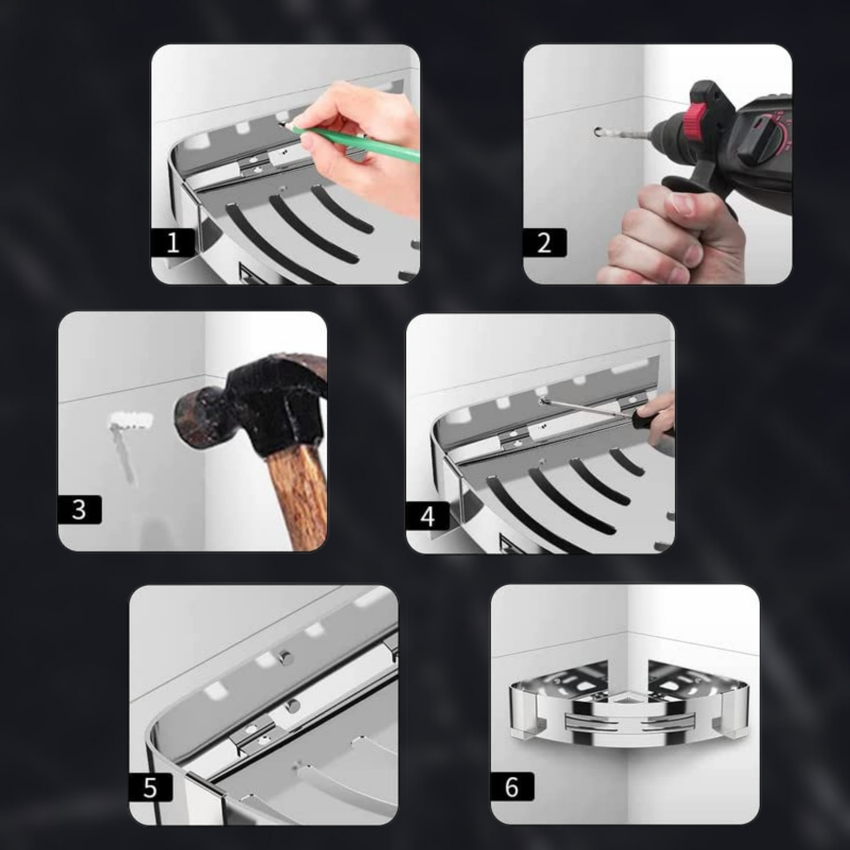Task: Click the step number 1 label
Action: point(173,242)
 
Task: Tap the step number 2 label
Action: point(545,242)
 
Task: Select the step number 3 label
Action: point(79,509)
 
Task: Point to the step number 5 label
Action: point(150,787)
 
